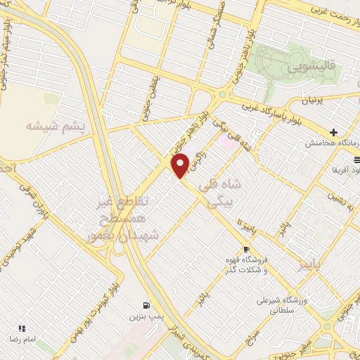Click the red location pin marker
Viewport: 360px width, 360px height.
(x=181, y=165)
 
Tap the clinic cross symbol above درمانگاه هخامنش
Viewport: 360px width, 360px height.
(x=334, y=132)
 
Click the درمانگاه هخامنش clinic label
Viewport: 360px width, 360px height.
(x=331, y=143)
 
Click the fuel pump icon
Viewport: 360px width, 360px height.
(x=146, y=305)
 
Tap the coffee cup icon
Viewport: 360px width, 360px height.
(x=246, y=250)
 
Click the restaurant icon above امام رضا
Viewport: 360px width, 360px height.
(x=21, y=328)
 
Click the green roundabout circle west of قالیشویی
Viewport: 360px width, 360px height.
(x=222, y=94)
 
